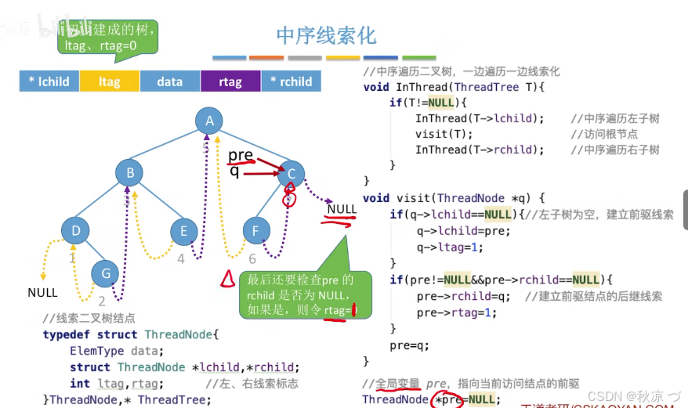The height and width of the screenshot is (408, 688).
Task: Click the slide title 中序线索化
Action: (x=326, y=35)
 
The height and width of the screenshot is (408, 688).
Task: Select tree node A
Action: (x=209, y=121)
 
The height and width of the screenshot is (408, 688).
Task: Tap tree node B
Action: (x=131, y=173)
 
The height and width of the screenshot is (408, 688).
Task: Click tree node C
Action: (x=291, y=174)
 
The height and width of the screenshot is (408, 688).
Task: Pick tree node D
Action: (x=76, y=230)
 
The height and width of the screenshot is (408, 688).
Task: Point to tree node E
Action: (x=184, y=230)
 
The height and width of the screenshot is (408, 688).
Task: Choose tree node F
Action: (x=255, y=231)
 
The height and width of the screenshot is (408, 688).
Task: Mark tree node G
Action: (x=105, y=273)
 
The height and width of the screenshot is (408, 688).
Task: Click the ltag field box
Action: (x=110, y=81)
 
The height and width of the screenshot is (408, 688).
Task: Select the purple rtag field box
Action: (x=230, y=81)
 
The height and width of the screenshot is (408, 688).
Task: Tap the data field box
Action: (x=170, y=81)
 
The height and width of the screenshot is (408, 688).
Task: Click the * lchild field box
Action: (x=49, y=81)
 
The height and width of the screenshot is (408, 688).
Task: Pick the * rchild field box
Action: (x=291, y=81)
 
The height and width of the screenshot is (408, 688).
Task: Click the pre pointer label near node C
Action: (x=241, y=155)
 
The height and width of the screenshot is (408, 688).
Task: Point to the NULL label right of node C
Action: (x=342, y=209)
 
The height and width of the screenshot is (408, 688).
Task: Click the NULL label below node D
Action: (x=42, y=292)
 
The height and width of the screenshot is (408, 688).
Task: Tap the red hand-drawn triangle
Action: (x=226, y=277)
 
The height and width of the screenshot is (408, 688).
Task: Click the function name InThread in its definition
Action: (x=422, y=87)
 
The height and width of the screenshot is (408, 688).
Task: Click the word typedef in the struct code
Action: (x=66, y=334)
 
